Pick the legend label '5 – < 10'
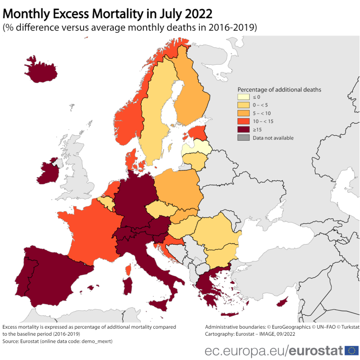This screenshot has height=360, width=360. pyautogui.click(x=262, y=113)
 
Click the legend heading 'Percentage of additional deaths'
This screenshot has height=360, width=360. pyautogui.click(x=279, y=90)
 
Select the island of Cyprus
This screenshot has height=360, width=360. pyautogui.click(x=282, y=302)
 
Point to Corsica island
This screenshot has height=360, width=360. pyautogui.click(x=129, y=270)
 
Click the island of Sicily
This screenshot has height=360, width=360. pyautogui.click(x=160, y=305)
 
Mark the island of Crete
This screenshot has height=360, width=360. pyautogui.click(x=230, y=315)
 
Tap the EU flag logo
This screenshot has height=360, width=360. pyautogui.click(x=351, y=350)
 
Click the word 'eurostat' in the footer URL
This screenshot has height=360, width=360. pyautogui.click(x=316, y=351)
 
